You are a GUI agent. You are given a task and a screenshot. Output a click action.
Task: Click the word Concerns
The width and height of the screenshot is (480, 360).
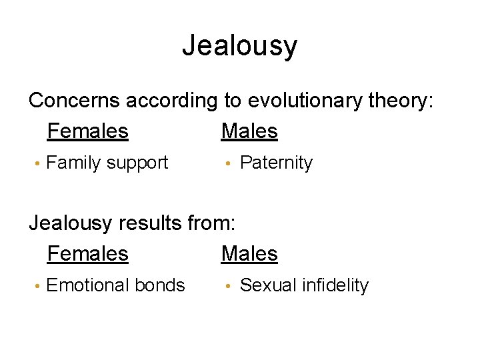click(x=74, y=101)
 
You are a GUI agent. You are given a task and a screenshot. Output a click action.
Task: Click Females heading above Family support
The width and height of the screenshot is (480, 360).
click(x=87, y=131)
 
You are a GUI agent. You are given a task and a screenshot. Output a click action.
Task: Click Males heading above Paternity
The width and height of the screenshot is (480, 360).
click(x=249, y=131)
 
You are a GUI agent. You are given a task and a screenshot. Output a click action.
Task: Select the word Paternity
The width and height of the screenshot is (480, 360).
click(x=276, y=163)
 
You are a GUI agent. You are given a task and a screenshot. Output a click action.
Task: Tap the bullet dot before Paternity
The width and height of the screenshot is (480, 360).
click(x=227, y=163)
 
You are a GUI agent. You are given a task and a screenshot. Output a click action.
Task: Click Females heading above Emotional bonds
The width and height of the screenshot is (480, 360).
click(x=87, y=254)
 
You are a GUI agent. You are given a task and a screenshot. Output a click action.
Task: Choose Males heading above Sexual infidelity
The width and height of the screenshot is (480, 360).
click(x=249, y=254)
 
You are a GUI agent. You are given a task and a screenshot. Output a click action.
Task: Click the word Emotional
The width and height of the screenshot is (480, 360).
click(x=89, y=285)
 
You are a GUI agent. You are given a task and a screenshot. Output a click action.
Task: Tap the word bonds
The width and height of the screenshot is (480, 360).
click(x=160, y=285)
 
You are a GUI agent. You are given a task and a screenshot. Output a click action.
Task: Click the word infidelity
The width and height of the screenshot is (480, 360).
click(x=335, y=285)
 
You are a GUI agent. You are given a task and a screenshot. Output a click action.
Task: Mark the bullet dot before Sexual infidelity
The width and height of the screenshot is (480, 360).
click(x=227, y=286)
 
